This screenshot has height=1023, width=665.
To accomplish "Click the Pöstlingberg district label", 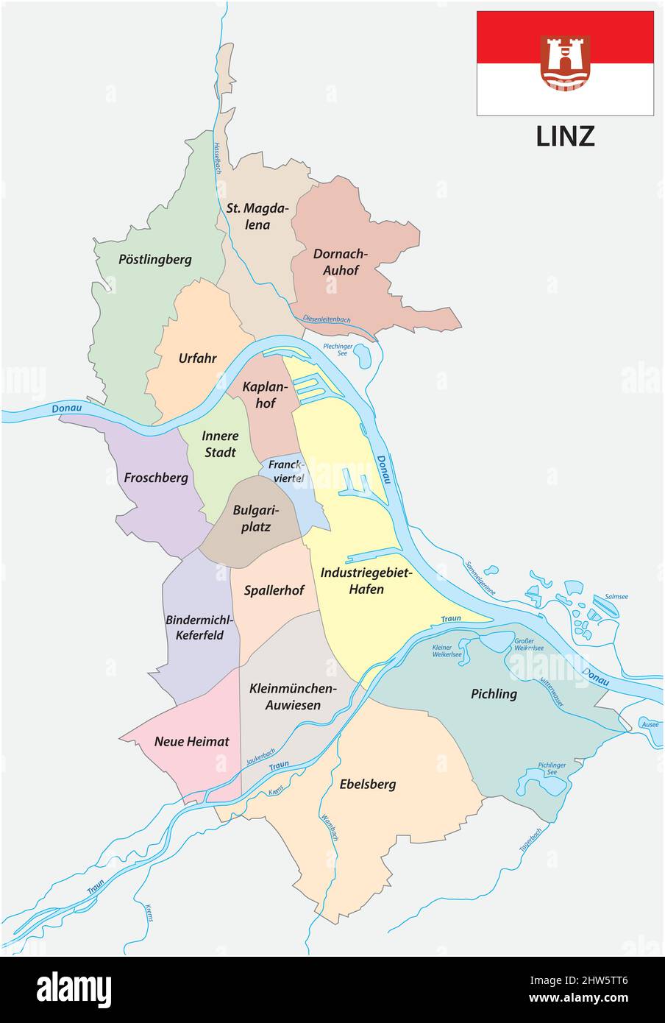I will click(x=155, y=259).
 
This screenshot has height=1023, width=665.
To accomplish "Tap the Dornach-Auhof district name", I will click(x=339, y=262).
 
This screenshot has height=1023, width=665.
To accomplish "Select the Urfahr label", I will click(x=197, y=358).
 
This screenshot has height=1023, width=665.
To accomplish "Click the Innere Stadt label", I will click(x=220, y=444).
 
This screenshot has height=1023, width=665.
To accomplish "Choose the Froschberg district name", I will click(x=156, y=478).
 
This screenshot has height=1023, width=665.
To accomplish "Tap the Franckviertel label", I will click(x=285, y=471).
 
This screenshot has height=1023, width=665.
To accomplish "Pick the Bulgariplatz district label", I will click(x=252, y=518).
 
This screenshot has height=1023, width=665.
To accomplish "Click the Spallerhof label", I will click(x=274, y=590).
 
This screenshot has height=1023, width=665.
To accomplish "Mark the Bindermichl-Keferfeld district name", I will click(x=199, y=627).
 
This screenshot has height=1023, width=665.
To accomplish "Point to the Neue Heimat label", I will click(x=191, y=741).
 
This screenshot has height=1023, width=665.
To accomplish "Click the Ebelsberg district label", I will click(x=368, y=784).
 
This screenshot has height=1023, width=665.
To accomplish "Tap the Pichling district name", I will click(x=494, y=693).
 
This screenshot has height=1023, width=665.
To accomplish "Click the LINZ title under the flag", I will click(x=565, y=136).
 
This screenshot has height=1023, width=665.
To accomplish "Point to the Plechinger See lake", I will click(x=363, y=357).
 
